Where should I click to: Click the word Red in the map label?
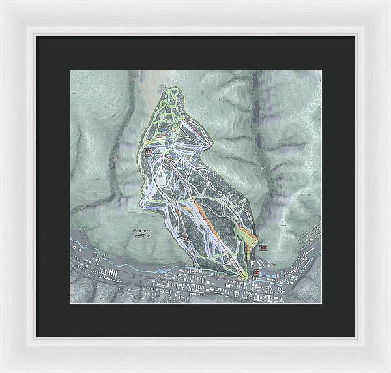[137, 231]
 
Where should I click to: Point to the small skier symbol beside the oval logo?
[149, 238]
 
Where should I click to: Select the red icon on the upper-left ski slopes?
[149, 151]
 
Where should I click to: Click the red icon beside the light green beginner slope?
[263, 247]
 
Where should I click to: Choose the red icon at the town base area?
[257, 273]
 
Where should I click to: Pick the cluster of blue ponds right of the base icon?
[270, 275]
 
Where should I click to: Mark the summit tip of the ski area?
[171, 88]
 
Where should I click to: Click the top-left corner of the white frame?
[2, 2]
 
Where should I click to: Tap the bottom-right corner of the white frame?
[388, 370]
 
